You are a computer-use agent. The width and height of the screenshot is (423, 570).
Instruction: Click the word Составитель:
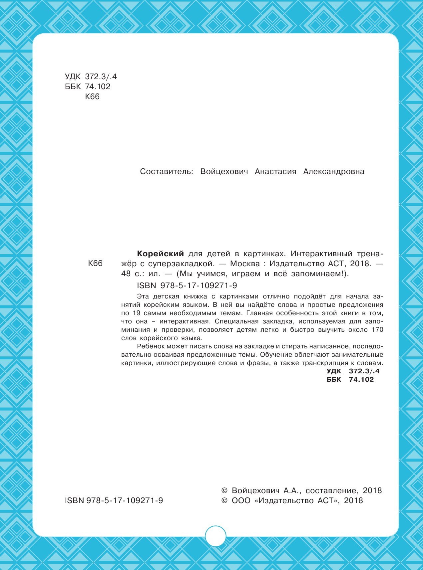pyautogui.click(x=167, y=172)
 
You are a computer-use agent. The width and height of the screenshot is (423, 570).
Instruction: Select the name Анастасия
pyautogui.click(x=275, y=172)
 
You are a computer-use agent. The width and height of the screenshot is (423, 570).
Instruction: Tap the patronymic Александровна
pyautogui.click(x=334, y=172)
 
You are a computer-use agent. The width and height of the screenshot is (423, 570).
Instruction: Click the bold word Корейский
pyautogui.click(x=161, y=254)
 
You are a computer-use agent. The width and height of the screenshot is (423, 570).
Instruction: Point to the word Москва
pyautogui.click(x=245, y=264)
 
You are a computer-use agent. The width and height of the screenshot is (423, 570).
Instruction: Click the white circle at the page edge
pyautogui.click(x=215, y=536)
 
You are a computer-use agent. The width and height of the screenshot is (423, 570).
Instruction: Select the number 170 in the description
pyautogui.click(x=377, y=330)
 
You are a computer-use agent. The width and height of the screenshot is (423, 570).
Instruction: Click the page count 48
pyautogui.click(x=126, y=274)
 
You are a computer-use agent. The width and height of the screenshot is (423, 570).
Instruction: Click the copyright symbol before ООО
pyautogui.click(x=224, y=501)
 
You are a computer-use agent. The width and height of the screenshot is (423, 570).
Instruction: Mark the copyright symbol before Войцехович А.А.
pyautogui.click(x=224, y=490)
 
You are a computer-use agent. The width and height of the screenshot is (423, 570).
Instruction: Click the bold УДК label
pyautogui.click(x=334, y=371)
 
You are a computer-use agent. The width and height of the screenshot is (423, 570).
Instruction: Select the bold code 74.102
pyautogui.click(x=361, y=380)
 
